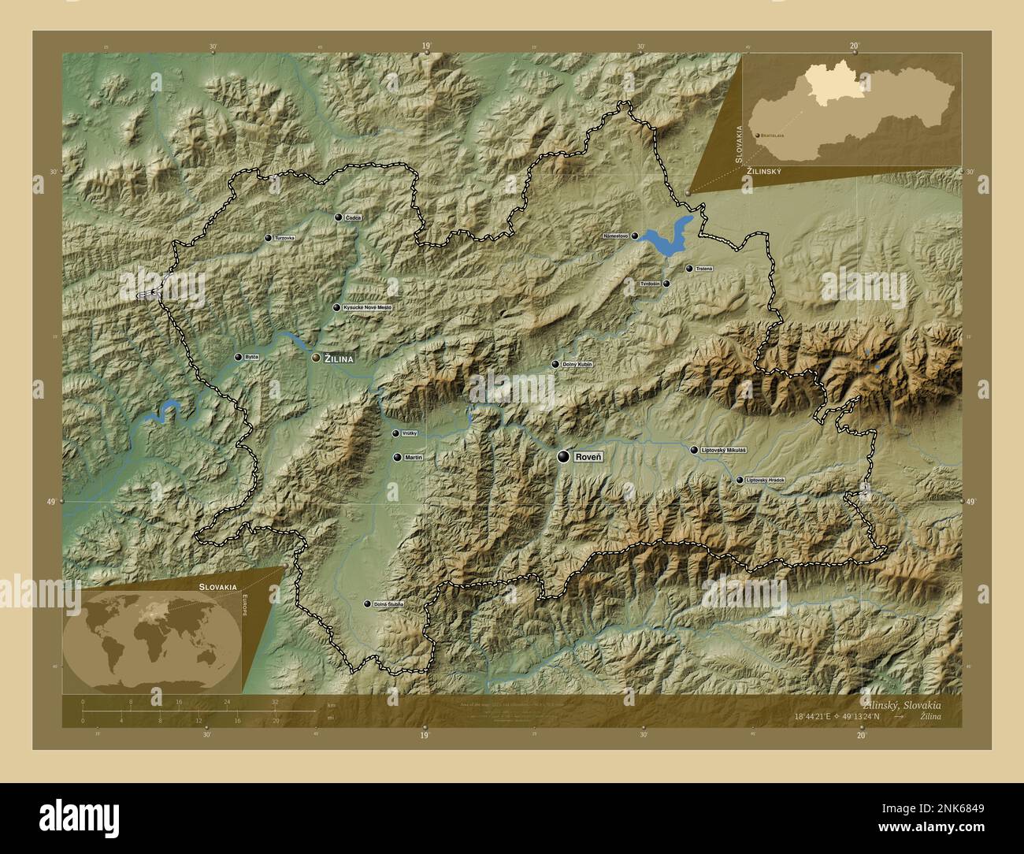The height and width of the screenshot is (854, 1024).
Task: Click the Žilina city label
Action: pos(339,358)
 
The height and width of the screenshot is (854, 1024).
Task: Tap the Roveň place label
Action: pos(588,456)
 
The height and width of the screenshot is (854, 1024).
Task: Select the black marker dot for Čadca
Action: pos(338,217)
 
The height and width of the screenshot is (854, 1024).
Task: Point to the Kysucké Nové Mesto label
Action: pos(368,307)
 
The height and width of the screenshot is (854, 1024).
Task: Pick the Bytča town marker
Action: pos(238,357)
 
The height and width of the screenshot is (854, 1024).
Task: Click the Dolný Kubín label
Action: pos(577,365)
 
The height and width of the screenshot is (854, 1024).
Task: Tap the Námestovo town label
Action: pos(616,236)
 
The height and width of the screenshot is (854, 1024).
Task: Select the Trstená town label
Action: pos(703,269)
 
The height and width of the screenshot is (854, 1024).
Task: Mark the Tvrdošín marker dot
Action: pos(666,284)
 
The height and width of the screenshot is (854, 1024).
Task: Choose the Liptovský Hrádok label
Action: pos(765,480)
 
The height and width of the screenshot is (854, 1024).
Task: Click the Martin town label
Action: pos(414,457)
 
